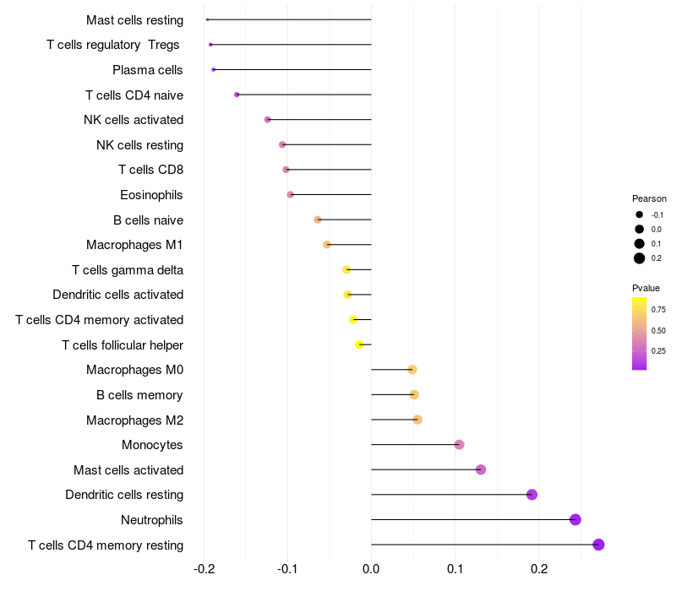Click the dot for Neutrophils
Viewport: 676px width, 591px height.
(x=575, y=519)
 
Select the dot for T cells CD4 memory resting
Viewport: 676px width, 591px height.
(x=598, y=545)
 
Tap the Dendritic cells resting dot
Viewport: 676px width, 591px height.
(x=532, y=495)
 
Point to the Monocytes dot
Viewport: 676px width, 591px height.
(x=459, y=445)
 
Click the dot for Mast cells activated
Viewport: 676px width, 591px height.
(x=481, y=469)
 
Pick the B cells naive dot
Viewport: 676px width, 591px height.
(x=318, y=220)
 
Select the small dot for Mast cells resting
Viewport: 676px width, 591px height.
(x=207, y=19)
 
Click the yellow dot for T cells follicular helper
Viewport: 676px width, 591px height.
(x=359, y=344)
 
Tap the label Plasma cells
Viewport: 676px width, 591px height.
(x=148, y=70)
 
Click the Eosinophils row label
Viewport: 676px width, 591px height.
(x=151, y=195)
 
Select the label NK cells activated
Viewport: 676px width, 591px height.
(x=134, y=120)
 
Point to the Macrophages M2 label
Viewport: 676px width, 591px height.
(x=134, y=420)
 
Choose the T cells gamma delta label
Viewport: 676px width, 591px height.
(x=128, y=270)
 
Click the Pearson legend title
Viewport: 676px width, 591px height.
(x=649, y=198)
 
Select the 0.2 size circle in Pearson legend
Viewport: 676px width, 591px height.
(x=640, y=258)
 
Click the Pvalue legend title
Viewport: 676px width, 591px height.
(x=646, y=288)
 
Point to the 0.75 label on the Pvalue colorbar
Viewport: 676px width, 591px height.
(x=658, y=310)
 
